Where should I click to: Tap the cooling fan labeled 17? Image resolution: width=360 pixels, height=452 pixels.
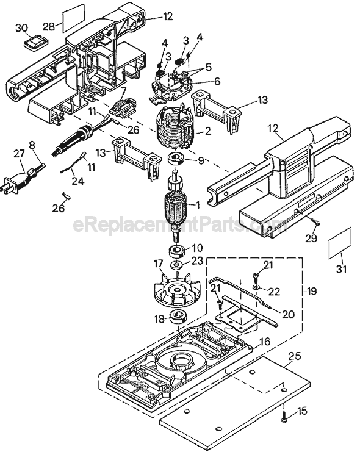tap(171, 289)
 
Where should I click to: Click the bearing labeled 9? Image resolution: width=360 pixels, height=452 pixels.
tap(176, 159)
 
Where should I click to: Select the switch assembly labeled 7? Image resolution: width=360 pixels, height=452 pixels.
tap(124, 109)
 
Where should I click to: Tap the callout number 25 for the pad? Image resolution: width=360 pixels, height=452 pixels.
tap(293, 357)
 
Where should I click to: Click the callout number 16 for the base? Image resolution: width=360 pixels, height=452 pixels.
tap(264, 342)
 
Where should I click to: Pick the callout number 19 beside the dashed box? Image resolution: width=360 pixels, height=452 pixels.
tap(311, 291)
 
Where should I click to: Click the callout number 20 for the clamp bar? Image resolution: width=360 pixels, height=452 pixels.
tap(288, 314)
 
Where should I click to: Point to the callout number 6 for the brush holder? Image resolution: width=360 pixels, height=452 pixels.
tap(217, 81)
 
